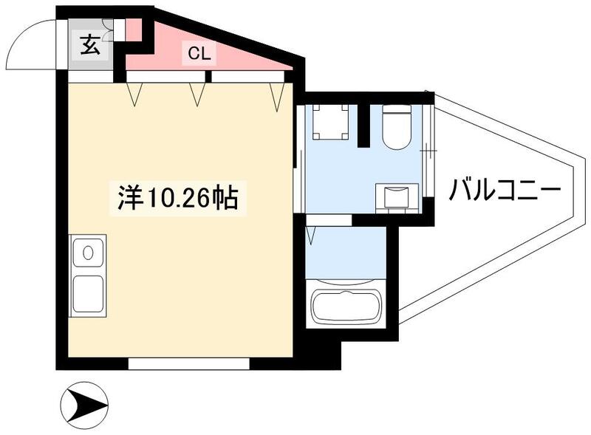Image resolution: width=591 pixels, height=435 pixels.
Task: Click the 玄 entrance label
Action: tap(89, 45)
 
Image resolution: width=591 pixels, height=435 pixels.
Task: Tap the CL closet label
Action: tap(198, 53)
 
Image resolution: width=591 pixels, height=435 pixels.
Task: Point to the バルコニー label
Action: tap(505, 191)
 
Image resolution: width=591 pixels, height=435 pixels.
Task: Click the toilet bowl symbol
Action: tap(397, 128)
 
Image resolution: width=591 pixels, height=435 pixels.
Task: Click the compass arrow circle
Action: tap(83, 405)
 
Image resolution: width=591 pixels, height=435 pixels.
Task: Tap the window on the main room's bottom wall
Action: tap(188, 364)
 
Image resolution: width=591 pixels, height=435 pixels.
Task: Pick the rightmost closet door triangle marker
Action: tap(277, 93)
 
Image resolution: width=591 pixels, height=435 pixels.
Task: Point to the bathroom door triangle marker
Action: tap(312, 236)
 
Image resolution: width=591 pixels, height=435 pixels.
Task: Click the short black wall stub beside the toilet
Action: tap(363, 126)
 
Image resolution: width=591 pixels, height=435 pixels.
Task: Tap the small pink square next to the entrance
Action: tap(132, 29)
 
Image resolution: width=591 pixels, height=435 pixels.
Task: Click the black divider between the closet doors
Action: tap(209, 75)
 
